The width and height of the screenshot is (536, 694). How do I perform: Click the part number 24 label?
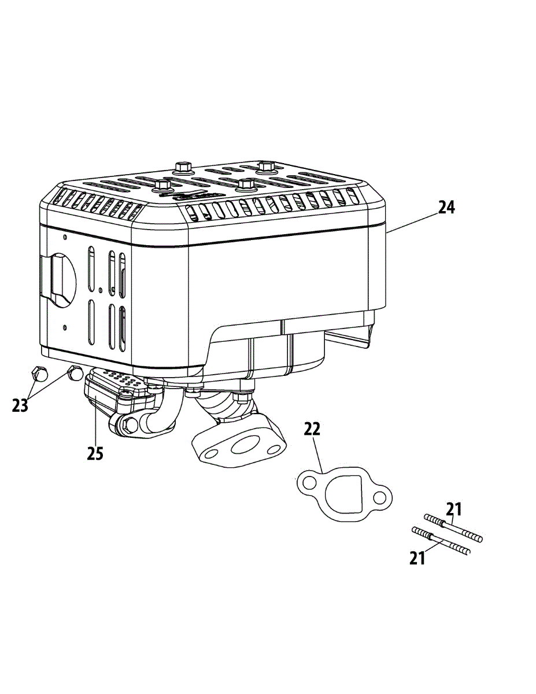click(x=446, y=208)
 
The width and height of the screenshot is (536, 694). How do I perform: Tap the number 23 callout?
click(x=20, y=405)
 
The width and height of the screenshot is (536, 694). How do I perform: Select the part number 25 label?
click(x=95, y=453)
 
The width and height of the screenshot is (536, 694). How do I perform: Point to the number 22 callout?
click(x=312, y=429)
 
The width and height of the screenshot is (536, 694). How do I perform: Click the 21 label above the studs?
click(x=454, y=509)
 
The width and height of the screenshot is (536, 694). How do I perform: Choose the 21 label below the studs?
click(x=417, y=558)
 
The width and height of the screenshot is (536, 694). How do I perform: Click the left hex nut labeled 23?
click(x=38, y=374)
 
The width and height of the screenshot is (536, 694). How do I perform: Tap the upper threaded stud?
click(x=453, y=527)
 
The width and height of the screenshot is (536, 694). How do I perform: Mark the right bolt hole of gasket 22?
click(x=379, y=497)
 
